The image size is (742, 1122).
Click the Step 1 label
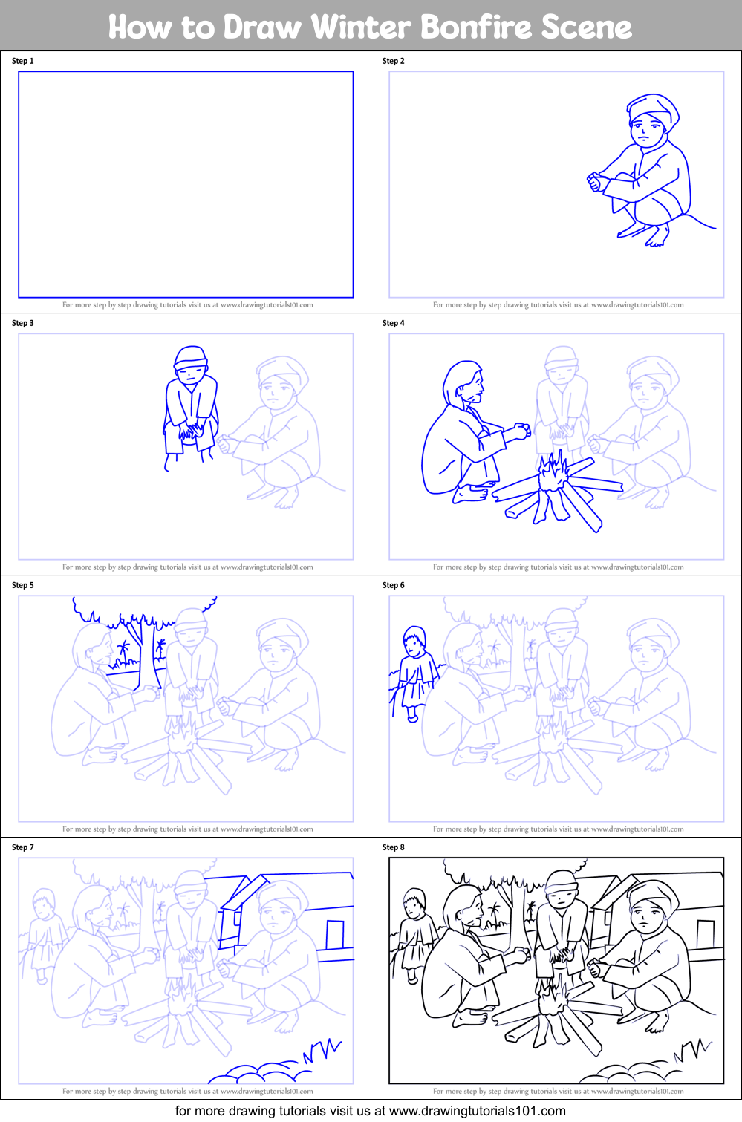[23, 61]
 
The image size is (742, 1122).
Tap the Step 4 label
[394, 323]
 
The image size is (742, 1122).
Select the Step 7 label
[23, 847]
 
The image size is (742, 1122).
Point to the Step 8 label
[394, 847]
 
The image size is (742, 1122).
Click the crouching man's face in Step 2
[645, 132]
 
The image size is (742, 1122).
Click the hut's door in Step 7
[335, 934]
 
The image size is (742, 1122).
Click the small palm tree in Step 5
[123, 651]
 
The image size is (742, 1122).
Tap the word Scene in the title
[586, 27]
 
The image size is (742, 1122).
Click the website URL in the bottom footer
[477, 1111]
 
